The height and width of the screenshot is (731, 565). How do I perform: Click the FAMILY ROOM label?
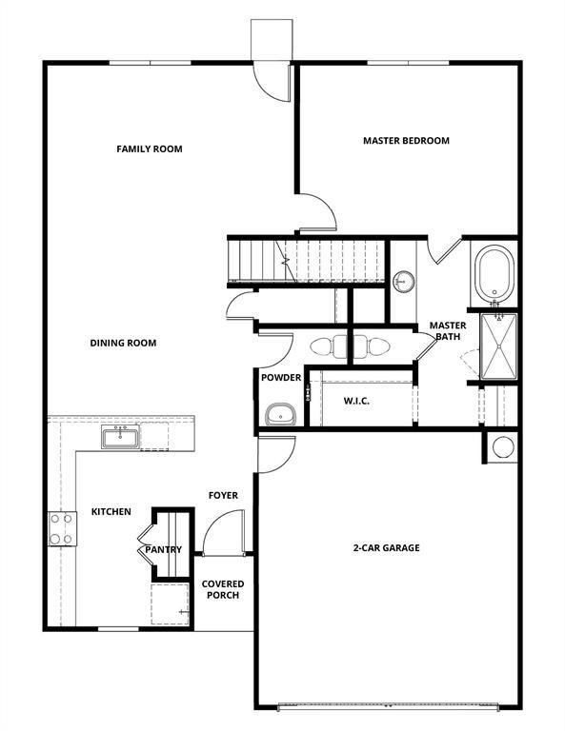tap(149, 148)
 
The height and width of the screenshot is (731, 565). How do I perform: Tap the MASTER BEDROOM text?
tap(406, 141)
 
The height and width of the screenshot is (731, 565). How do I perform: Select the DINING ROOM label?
tap(123, 343)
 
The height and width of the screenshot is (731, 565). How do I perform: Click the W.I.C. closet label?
tap(356, 401)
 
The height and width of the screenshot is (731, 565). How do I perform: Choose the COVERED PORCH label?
tap(222, 589)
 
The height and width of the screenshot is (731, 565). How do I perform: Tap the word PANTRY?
tap(163, 549)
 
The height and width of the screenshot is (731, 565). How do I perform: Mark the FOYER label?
tap(223, 495)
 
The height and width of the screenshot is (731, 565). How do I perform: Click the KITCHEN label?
tap(111, 512)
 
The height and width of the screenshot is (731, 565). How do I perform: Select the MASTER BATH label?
tap(447, 330)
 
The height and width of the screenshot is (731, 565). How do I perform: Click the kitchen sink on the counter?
tap(121, 438)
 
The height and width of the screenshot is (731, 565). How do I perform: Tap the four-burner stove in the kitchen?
tap(62, 528)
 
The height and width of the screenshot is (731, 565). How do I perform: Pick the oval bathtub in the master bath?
tap(494, 273)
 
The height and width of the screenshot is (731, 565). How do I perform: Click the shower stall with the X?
tap(497, 346)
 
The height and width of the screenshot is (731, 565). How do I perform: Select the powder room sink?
tap(279, 414)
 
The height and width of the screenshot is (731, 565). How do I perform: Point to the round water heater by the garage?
tap(502, 447)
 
